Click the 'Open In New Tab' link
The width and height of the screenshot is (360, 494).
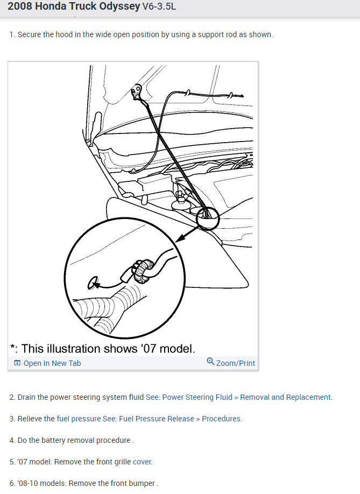(52, 363)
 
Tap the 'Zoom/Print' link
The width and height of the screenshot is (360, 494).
(235, 363)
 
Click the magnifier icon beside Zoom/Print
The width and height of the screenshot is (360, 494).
(210, 362)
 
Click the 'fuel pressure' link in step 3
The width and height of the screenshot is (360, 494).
(79, 419)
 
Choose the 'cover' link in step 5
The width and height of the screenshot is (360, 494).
(142, 462)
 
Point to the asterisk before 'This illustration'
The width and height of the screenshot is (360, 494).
(13, 348)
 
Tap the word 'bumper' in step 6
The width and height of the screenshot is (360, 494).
(143, 483)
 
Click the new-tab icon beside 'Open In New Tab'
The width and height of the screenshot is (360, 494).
(18, 363)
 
